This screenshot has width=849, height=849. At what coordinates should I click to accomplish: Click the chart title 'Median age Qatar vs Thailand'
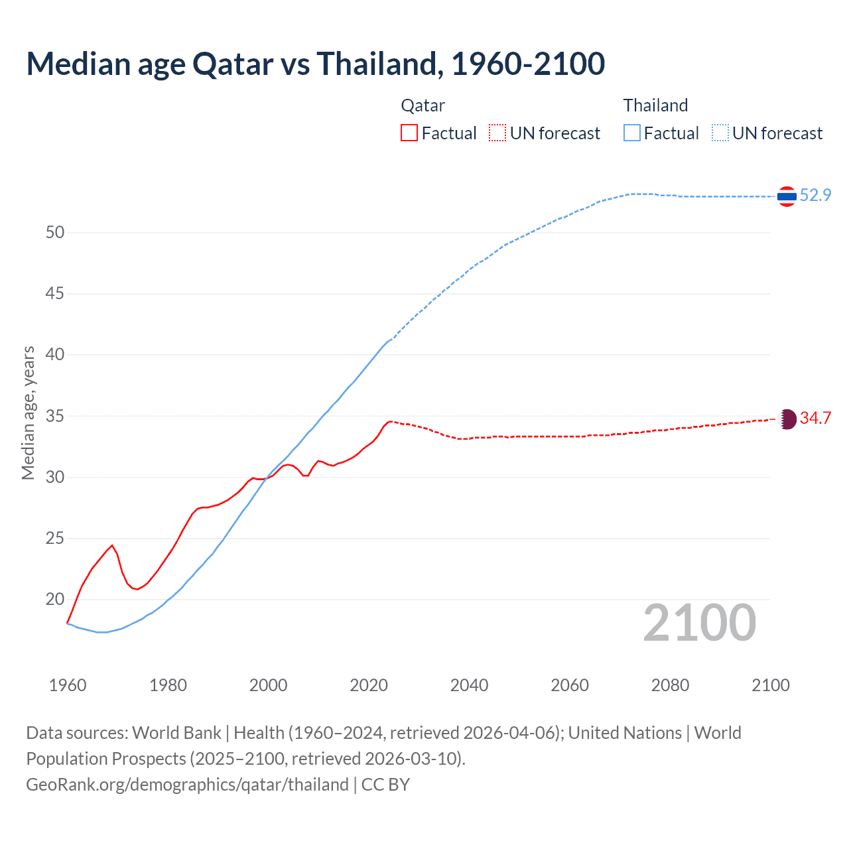click(x=315, y=64)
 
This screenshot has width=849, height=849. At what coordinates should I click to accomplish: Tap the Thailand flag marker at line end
click(x=787, y=196)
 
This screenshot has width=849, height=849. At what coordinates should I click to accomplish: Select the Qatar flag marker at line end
click(x=787, y=419)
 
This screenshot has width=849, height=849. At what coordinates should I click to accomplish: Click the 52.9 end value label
click(x=815, y=196)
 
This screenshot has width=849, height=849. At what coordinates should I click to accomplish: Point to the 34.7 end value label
click(x=815, y=418)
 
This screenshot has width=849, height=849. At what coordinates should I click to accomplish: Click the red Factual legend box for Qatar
click(x=409, y=133)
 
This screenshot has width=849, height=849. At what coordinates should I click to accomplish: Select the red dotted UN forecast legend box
click(x=497, y=133)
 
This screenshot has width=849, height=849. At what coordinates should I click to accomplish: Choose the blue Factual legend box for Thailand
click(x=632, y=133)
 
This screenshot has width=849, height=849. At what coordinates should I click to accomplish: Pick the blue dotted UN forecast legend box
click(x=720, y=133)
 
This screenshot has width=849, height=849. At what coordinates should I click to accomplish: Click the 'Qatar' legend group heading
click(x=423, y=105)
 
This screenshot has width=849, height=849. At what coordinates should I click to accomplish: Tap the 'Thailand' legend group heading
click(x=655, y=105)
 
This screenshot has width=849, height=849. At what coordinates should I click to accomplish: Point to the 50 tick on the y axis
click(x=55, y=233)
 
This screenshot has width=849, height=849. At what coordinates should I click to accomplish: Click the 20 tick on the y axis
click(x=55, y=600)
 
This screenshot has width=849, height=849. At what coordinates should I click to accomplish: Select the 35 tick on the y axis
click(x=55, y=417)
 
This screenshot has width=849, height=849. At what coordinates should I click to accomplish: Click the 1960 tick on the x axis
click(x=68, y=685)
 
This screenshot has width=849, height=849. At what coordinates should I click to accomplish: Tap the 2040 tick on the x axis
click(x=469, y=685)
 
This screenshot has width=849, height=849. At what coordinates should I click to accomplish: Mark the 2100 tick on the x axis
click(x=770, y=685)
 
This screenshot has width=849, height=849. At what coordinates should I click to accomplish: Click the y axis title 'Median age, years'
click(x=28, y=413)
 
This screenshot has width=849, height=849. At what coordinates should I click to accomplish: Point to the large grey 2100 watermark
click(x=699, y=623)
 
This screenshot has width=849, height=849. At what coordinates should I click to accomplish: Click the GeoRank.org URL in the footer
click(x=187, y=785)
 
